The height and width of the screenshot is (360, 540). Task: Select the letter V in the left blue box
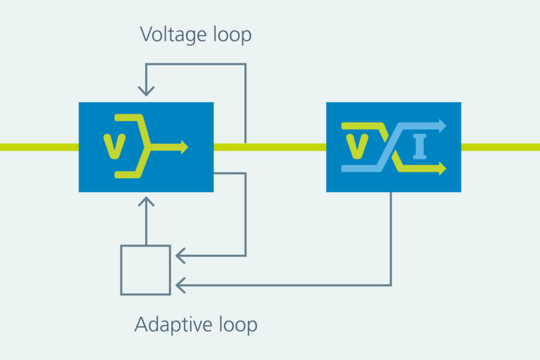coord(113,145)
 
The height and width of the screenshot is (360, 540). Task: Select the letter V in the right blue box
coord(358,145)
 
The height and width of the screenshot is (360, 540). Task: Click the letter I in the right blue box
coord(420,147)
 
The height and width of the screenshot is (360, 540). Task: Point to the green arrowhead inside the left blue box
coord(184,147)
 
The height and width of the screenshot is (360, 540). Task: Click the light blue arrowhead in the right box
coord(441,126)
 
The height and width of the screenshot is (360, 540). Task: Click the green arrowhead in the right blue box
coord(441,168)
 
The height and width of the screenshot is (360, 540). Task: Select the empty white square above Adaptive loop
coord(146,270)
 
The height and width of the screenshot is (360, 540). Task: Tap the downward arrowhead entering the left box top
coord(146,91)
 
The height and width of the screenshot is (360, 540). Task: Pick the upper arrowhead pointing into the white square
coord(181,255)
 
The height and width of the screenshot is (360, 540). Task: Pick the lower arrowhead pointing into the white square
coord(181,285)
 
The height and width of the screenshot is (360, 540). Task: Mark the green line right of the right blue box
coord(500,147)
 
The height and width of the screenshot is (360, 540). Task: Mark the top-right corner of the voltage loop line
coord(245,65)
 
